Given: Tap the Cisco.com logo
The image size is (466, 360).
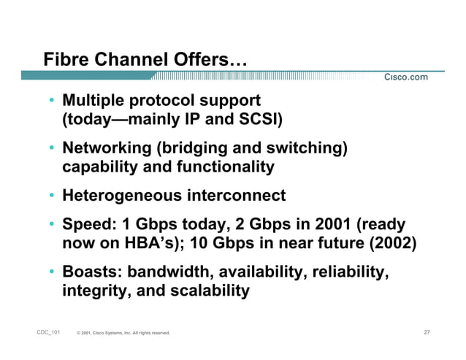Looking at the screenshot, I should point(406,77).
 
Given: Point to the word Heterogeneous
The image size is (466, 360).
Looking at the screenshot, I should point(122,196).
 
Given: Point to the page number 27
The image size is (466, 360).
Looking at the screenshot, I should point(427,333).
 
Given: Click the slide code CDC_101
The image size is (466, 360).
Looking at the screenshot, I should point(47,333).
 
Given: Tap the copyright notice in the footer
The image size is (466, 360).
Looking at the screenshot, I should point(123,334).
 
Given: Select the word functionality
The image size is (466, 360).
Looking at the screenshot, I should point(226,166).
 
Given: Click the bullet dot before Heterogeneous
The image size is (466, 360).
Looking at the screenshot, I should point(52,196).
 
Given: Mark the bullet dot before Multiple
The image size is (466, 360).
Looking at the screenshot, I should point(52,99).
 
